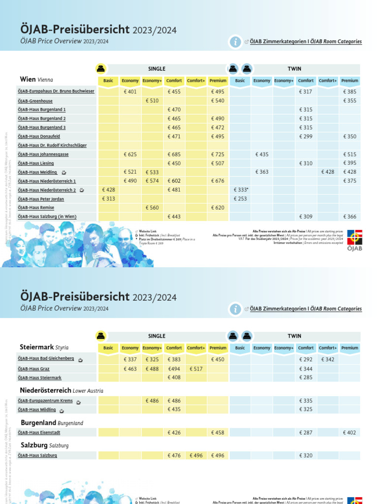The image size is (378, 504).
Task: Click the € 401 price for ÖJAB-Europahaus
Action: [130, 92]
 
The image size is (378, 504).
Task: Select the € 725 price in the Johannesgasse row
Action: [218, 155]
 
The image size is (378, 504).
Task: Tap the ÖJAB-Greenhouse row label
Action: [35, 101]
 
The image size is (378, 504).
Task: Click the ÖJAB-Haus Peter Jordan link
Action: [41, 199]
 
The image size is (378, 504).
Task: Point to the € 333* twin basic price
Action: [240, 190]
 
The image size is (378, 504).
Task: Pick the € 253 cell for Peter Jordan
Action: [240, 199]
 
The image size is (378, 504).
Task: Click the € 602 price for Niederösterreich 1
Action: [174, 181]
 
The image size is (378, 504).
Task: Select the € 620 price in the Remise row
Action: [218, 208]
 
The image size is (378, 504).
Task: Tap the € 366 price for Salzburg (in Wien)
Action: [349, 217]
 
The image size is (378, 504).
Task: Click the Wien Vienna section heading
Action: [36, 79]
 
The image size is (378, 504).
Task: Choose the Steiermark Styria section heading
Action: [44, 347]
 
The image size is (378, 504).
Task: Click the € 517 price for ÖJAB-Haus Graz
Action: [196, 369]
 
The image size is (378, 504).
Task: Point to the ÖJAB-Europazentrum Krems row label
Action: [45, 401]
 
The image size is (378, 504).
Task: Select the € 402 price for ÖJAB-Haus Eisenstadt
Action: [349, 433]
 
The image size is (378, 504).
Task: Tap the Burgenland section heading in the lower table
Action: [52, 423]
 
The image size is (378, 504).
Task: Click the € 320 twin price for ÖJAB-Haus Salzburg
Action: [306, 456]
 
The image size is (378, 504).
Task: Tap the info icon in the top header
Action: [235, 42]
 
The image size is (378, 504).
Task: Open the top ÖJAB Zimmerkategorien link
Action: [306, 42]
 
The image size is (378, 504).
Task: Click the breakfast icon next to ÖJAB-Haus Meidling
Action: [64, 172]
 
